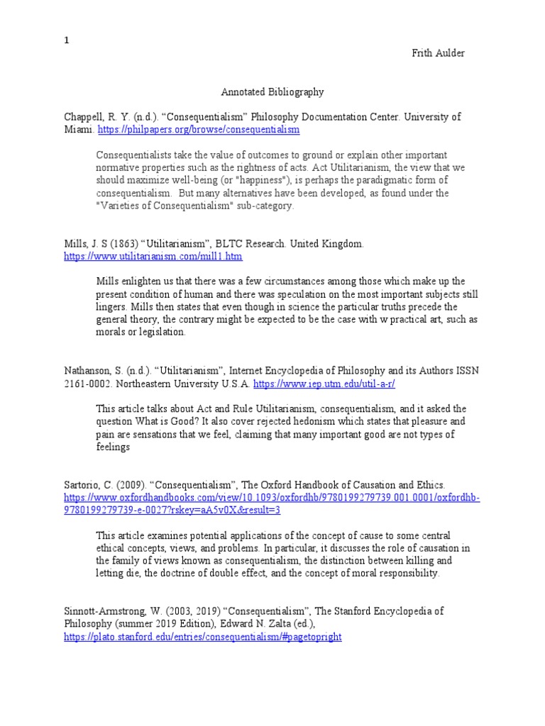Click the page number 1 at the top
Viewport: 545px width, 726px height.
[67, 40]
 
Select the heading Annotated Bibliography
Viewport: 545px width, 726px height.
[272, 91]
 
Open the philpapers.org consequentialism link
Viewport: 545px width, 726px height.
[198, 130]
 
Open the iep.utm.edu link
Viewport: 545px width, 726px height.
[324, 384]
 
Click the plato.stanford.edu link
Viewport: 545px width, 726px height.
[202, 637]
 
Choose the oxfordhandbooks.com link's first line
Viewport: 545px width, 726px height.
[272, 498]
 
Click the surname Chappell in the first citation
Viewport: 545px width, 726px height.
[84, 117]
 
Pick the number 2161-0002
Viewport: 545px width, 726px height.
[88, 384]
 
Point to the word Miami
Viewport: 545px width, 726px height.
[77, 130]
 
